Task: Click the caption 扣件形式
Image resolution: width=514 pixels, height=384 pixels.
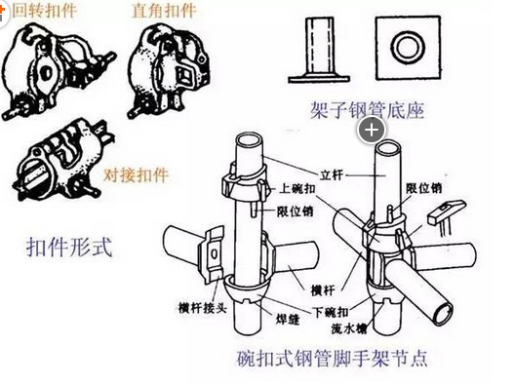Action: click(x=69, y=246)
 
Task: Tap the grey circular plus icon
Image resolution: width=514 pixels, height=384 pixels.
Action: click(x=372, y=130)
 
